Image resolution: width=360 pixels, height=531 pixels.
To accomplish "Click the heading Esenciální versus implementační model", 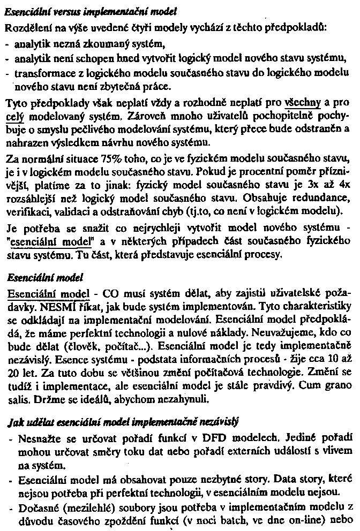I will pyautogui.click(x=91, y=10).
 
